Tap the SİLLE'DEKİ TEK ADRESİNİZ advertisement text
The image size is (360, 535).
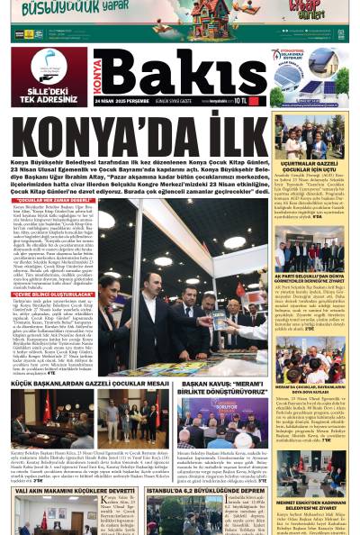point(47,96)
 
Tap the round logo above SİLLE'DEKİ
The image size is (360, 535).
point(47,67)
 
